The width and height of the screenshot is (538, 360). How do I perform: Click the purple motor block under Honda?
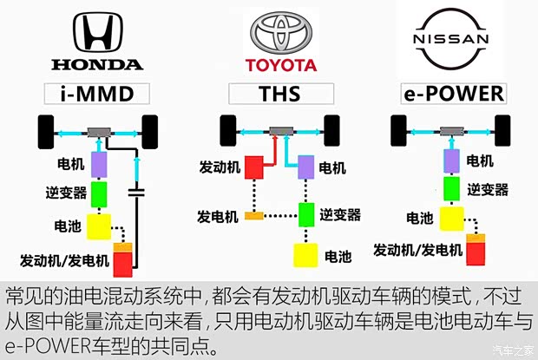click(99, 162)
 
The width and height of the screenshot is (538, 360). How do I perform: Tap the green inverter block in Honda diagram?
click(99, 193)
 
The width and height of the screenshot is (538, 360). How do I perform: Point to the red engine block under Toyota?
click(256, 166)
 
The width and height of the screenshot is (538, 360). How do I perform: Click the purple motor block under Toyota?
click(305, 166)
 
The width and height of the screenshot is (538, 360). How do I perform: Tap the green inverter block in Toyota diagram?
click(305, 213)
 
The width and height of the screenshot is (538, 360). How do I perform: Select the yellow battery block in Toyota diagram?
click(305, 255)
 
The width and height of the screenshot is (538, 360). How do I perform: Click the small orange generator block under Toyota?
click(254, 214)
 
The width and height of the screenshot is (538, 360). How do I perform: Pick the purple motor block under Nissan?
click(451, 160)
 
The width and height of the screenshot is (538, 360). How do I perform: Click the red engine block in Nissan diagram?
click(476, 252)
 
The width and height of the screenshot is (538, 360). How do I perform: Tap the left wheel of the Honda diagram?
click(44, 133)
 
